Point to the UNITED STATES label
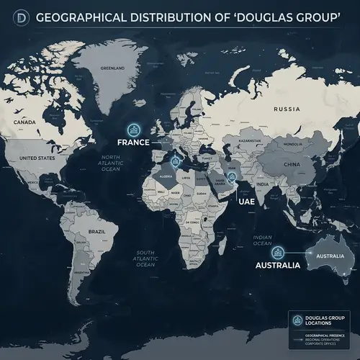pos(36,157)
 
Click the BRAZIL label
pos(96,231)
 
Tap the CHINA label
pos(292,164)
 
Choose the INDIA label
pos(263,184)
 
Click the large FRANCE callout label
pos(135,143)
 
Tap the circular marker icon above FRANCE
pos(133,129)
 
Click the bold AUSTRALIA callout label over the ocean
pos(278,266)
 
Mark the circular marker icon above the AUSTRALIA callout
pos(277,252)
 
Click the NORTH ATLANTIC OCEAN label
pos(115,163)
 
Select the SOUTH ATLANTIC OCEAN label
pos(146,258)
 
